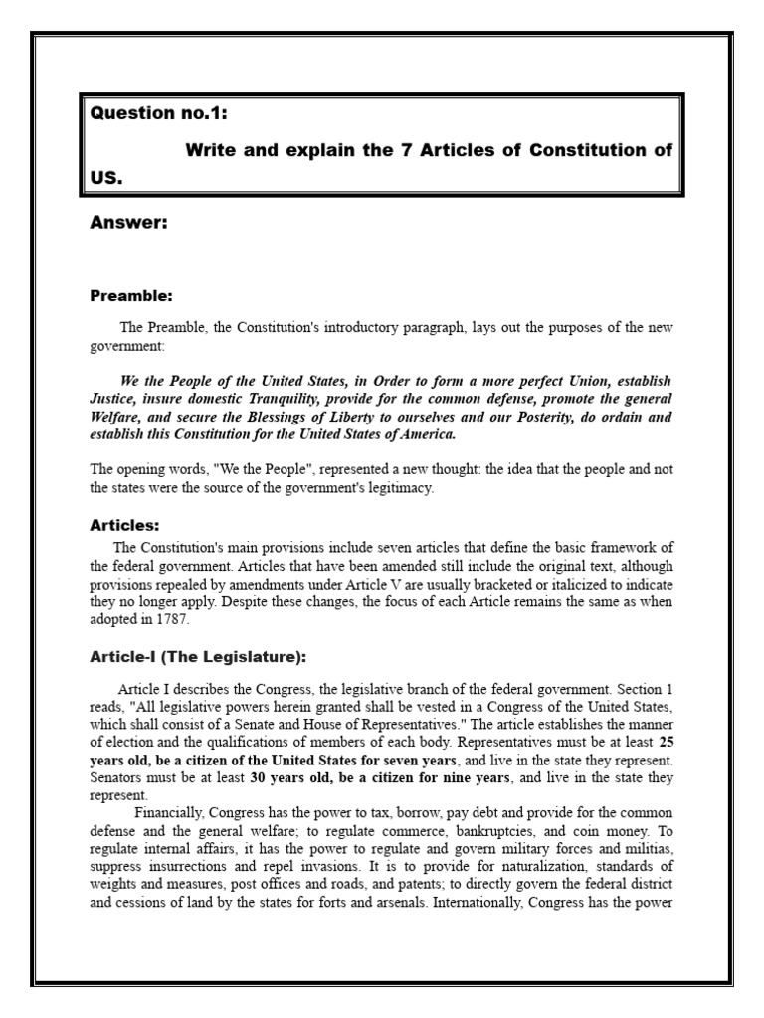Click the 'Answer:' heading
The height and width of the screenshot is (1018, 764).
tap(128, 224)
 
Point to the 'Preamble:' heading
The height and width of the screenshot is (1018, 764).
tap(131, 295)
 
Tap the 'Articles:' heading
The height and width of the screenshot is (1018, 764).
tap(124, 525)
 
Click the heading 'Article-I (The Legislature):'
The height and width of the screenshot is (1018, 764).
tap(199, 657)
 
